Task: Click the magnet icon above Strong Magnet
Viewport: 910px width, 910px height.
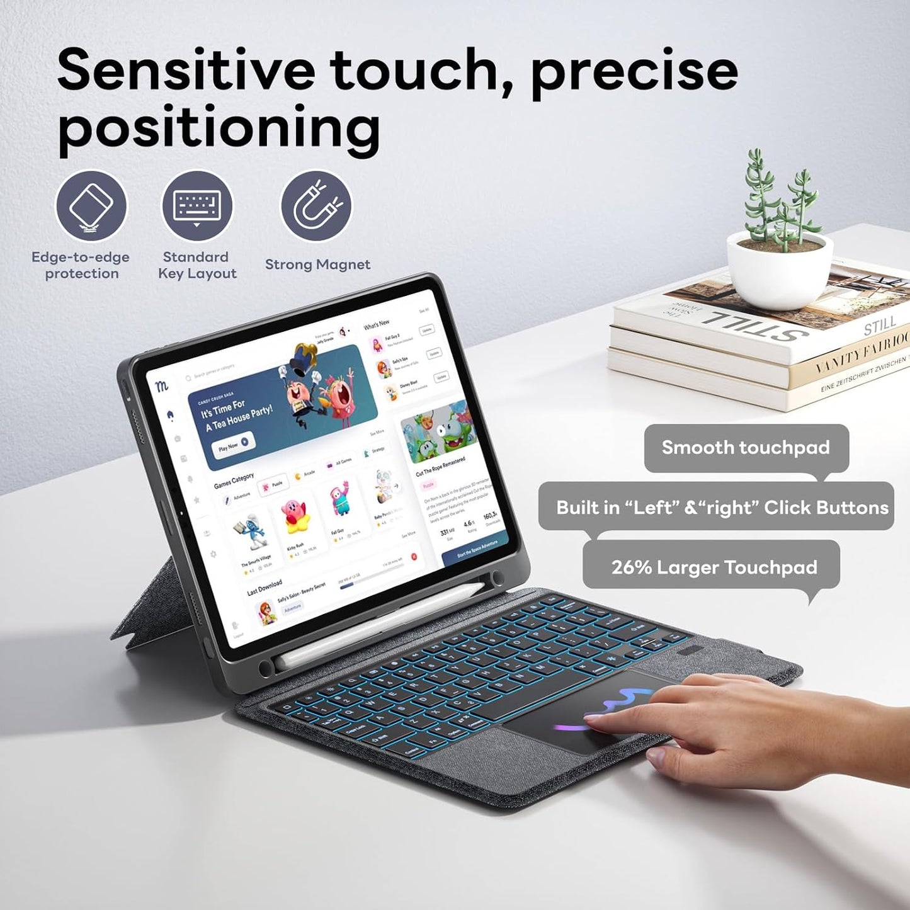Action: click(316, 206)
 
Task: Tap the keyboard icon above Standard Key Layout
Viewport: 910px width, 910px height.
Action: click(197, 206)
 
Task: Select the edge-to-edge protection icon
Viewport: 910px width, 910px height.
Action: click(91, 206)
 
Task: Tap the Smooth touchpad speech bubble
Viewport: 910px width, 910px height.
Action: click(746, 448)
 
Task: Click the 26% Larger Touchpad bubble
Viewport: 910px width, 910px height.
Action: click(714, 567)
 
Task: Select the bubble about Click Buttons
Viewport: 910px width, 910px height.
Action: click(722, 508)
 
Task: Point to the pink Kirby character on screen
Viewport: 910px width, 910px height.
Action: click(295, 515)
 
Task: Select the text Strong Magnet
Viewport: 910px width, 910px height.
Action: click(317, 264)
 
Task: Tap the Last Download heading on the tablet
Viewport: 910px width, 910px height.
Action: click(264, 587)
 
